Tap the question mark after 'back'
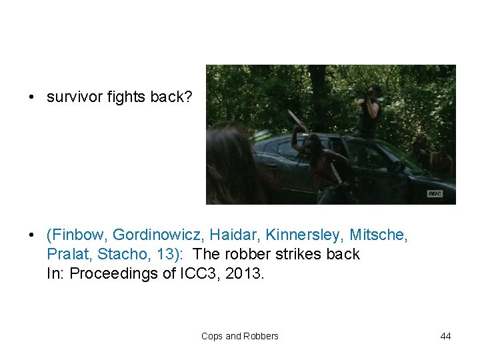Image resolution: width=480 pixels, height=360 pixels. (189, 97)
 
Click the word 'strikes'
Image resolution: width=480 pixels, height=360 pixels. (291, 254)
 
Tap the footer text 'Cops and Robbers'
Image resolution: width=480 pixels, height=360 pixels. (240, 336)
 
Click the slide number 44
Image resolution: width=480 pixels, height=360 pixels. (445, 336)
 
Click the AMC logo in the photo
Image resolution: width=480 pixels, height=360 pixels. (435, 194)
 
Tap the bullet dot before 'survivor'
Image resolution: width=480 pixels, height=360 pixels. (31, 98)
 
